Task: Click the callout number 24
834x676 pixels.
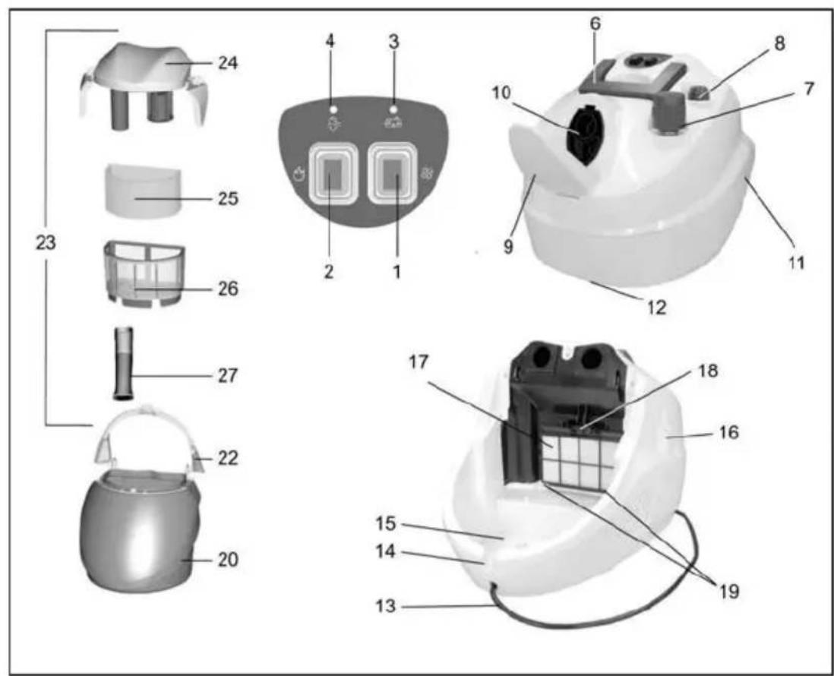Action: point(228,63)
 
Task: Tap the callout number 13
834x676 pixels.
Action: point(386,606)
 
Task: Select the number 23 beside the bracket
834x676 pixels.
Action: point(46,243)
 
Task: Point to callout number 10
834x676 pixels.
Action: point(501,93)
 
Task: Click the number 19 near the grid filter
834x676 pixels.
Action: point(729,591)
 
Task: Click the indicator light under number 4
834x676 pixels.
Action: point(333,109)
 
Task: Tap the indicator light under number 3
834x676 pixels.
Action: point(393,109)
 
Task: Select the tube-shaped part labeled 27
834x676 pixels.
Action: point(123,363)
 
